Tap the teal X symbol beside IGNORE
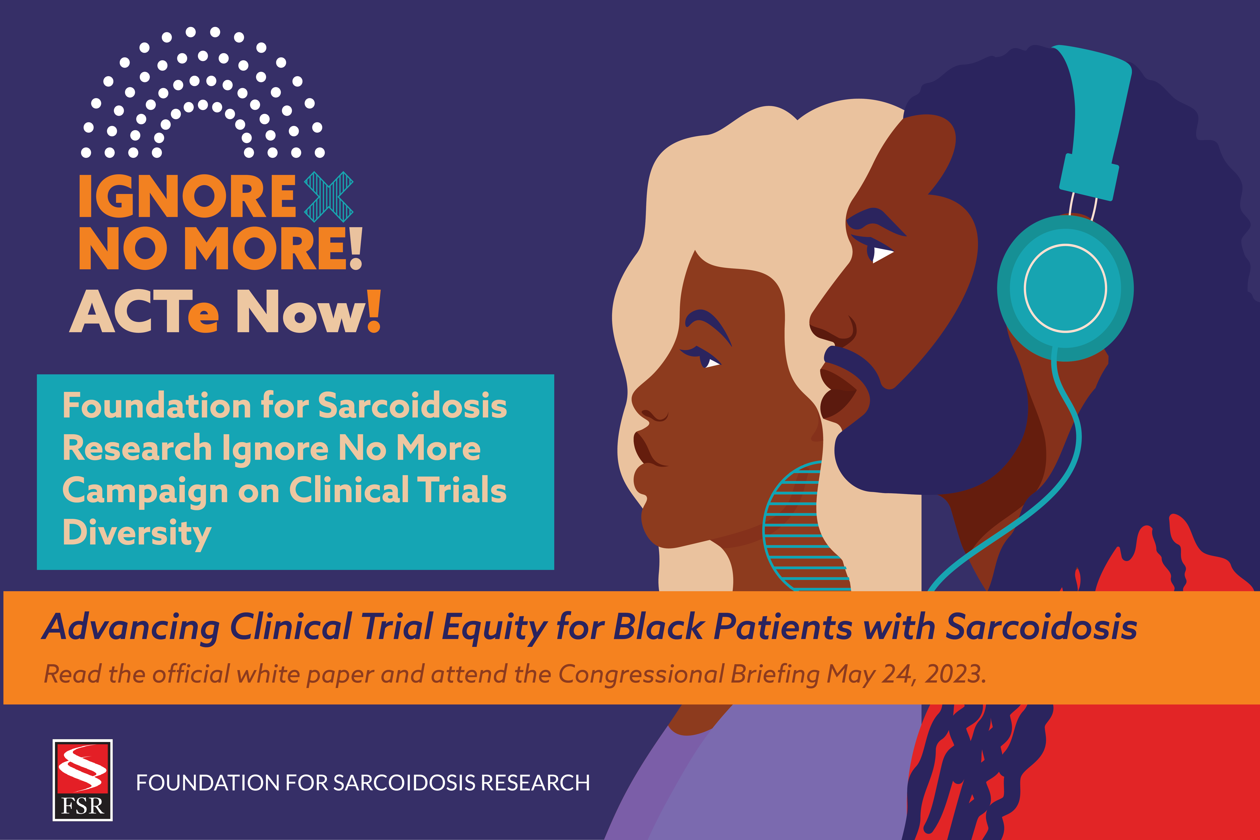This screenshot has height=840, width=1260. pos(328,197)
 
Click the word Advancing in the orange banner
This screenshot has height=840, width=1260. pos(131,627)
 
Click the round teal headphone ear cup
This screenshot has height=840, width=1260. pos(1065,288)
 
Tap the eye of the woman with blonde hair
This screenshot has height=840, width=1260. pos(711,363)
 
